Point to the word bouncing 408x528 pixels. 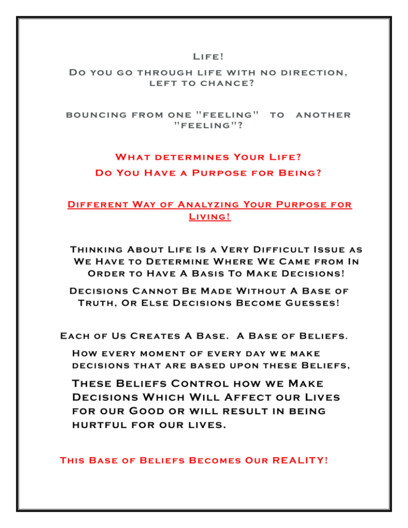tap(97, 115)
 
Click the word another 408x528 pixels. tap(323, 115)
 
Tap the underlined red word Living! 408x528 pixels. tap(209, 217)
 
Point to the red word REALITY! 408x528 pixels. tap(300, 461)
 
